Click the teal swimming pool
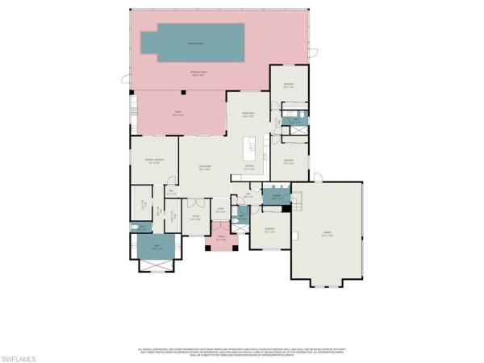[193, 43]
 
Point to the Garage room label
[327, 236]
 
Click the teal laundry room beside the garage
[276, 196]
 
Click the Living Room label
[205, 169]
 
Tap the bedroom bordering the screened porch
[289, 86]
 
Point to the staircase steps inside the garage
[296, 207]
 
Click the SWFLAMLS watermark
[19, 355]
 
